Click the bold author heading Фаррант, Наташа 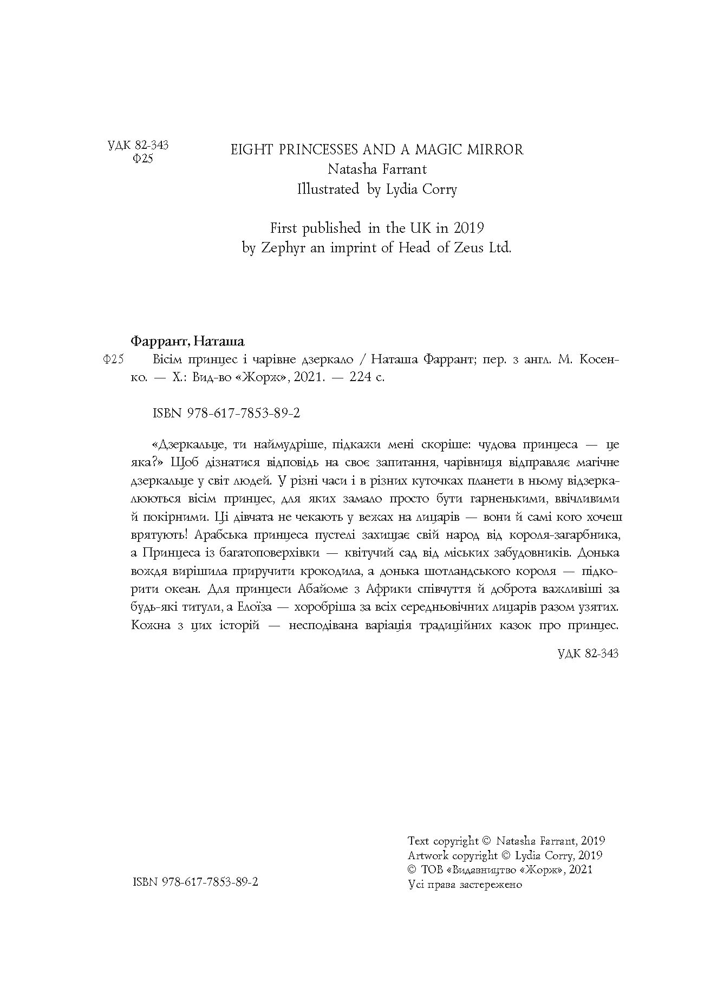tap(188, 342)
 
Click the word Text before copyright tap(418, 841)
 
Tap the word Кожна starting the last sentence tap(148, 625)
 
